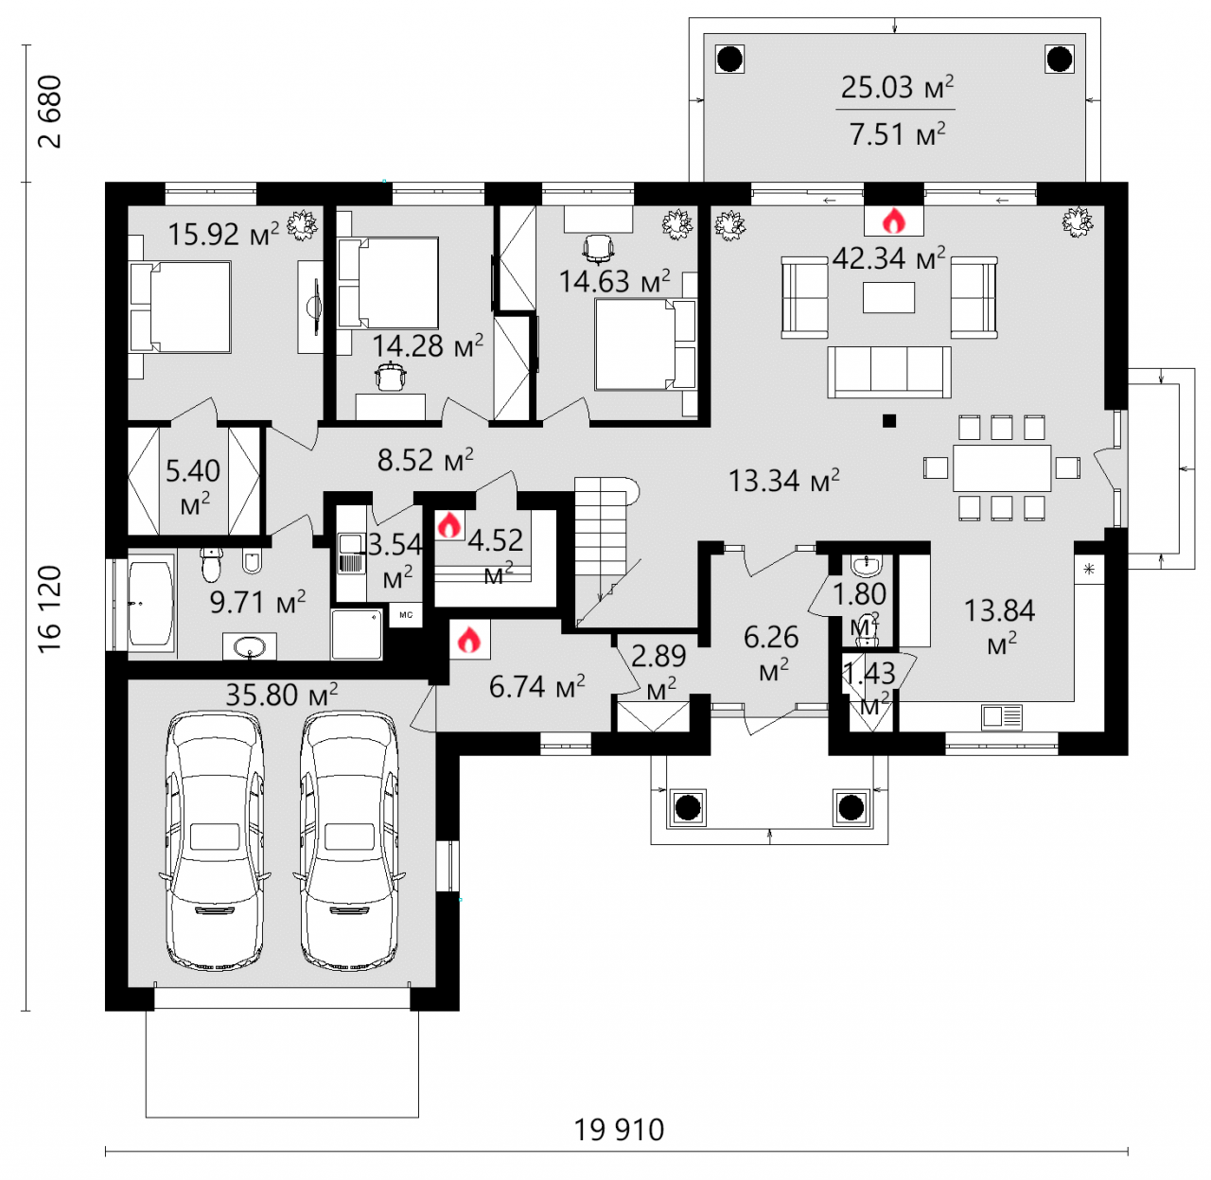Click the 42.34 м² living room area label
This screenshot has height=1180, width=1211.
[x=888, y=257]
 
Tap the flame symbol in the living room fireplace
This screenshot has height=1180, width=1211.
[x=894, y=220]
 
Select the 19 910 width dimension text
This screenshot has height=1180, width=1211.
[x=619, y=1130]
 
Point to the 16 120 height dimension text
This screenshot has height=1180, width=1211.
[x=50, y=608]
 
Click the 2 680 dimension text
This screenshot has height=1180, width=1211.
[x=50, y=112]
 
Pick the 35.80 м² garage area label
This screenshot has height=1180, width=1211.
[x=282, y=694]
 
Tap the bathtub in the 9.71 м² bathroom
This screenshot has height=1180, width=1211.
[x=150, y=603]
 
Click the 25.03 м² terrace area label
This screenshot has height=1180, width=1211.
[x=897, y=87]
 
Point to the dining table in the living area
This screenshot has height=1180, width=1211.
[x=1001, y=467]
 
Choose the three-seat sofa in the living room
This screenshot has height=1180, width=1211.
[x=888, y=372]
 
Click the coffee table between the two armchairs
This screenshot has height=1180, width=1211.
[x=888, y=297]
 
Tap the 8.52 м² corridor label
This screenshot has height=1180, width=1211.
[x=426, y=460]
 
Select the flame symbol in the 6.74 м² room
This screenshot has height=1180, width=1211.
[x=468, y=639]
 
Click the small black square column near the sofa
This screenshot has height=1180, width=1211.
[x=888, y=421]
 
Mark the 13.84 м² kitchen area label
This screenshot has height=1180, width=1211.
[x=999, y=626]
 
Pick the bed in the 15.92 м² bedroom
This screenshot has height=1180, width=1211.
[x=180, y=307]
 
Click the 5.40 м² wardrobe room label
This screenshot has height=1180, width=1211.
[x=193, y=486]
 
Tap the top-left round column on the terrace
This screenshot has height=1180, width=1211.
[x=730, y=60]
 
